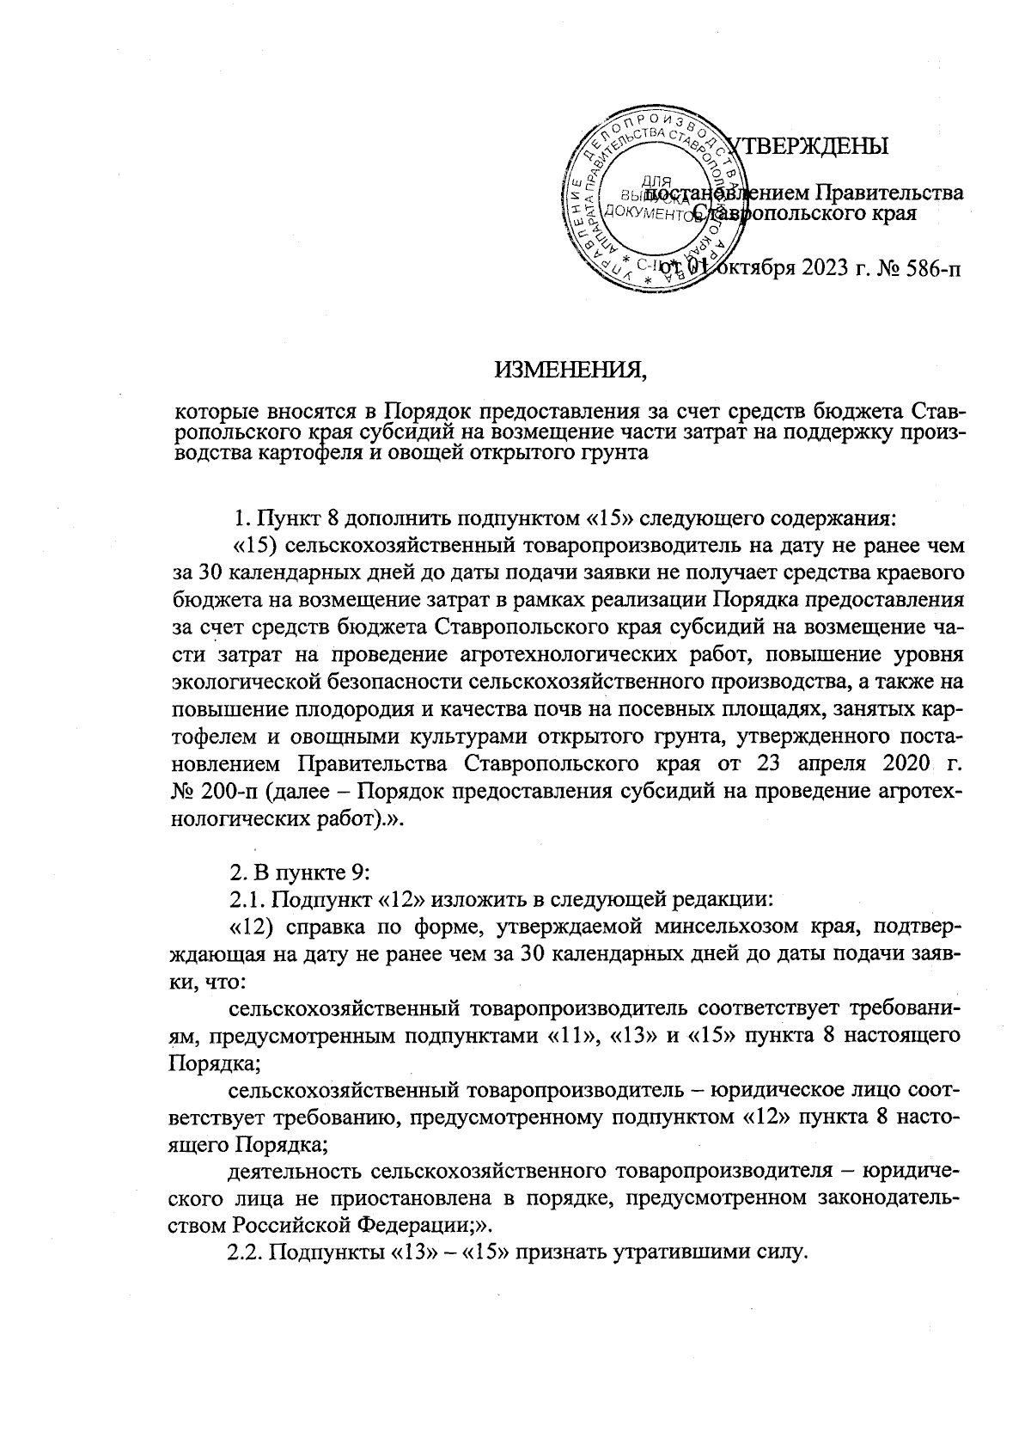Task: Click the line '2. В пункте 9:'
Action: point(298,873)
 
